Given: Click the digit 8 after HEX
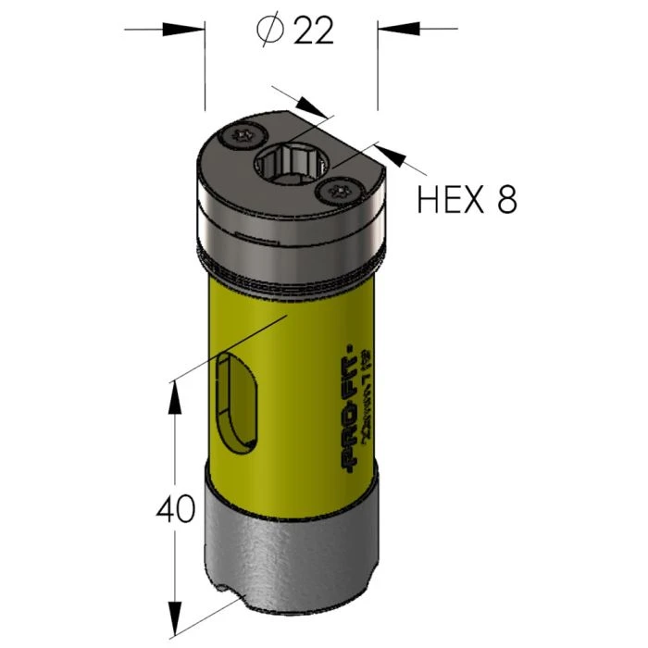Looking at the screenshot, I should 506,199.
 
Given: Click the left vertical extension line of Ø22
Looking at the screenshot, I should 205,74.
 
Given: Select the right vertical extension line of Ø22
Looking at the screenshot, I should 377,74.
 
